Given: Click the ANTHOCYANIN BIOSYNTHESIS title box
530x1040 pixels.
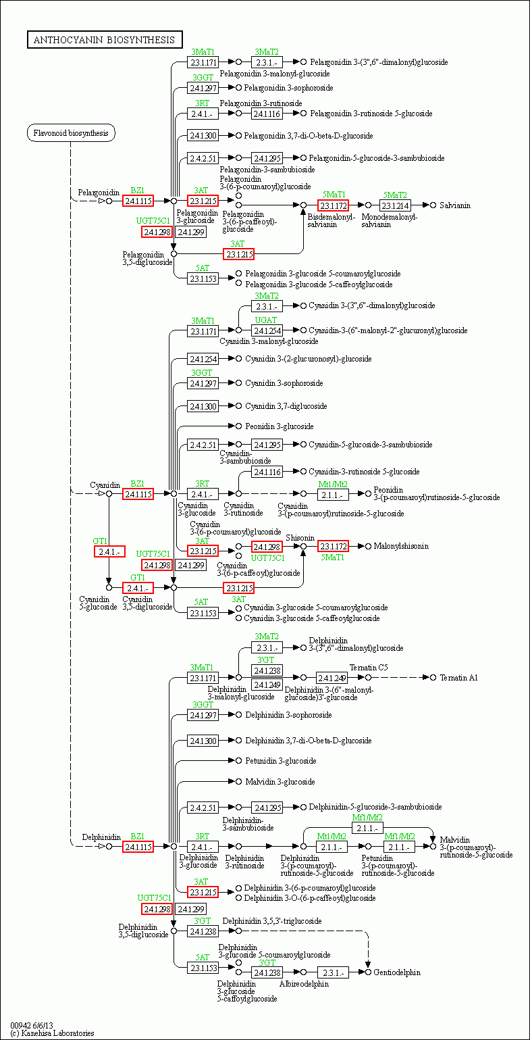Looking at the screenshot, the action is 105,39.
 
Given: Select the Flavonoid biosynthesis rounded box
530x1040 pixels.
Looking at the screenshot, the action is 71,133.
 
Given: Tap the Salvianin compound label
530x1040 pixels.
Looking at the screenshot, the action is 455,205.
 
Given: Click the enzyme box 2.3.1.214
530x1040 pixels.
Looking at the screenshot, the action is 396,205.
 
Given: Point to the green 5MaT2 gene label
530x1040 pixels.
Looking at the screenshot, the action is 395,195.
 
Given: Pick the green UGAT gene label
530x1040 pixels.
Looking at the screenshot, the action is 266,320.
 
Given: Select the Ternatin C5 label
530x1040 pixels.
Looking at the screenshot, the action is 369,667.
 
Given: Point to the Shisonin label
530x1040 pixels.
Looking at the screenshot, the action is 300,538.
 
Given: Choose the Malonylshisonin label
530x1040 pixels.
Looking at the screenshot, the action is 401,546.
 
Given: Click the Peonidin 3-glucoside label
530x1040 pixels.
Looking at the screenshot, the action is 279,426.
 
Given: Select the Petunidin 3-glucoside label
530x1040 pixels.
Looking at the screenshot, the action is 281,760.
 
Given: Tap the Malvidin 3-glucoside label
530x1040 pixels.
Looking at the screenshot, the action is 280,781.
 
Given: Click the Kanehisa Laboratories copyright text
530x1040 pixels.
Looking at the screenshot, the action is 52,1033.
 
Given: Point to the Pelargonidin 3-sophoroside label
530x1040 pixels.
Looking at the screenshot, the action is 288,88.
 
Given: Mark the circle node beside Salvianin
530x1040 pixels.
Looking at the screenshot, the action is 433,205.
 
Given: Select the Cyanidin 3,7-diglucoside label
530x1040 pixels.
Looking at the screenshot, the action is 286,405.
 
